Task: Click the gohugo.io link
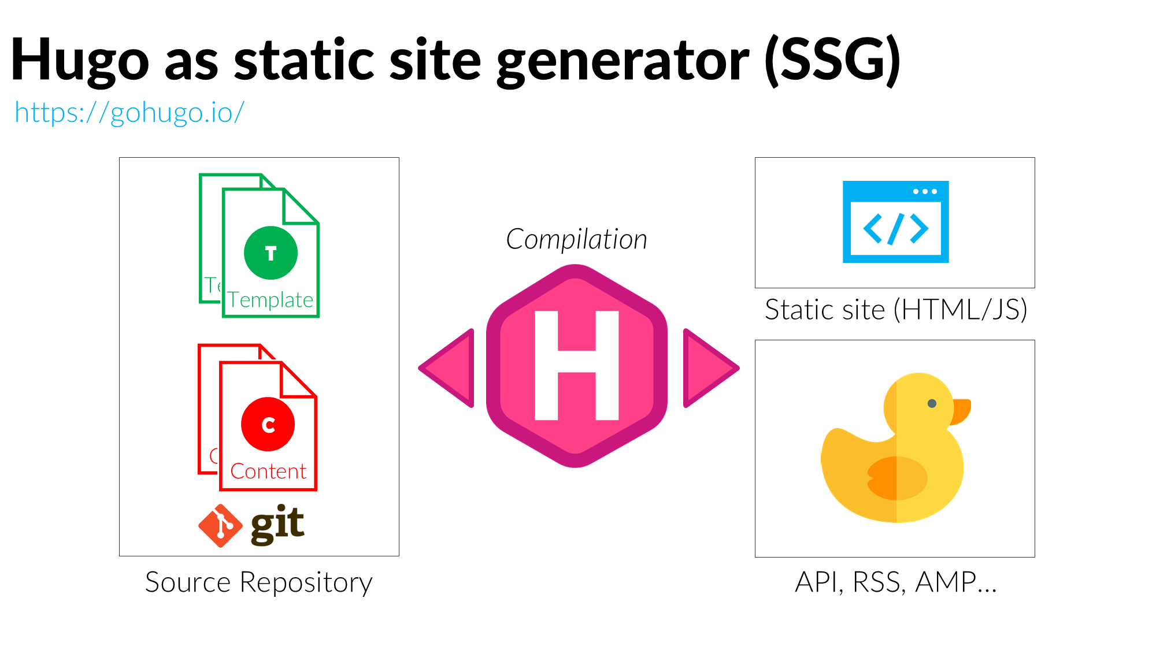(129, 112)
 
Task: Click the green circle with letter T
(271, 253)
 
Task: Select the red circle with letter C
(268, 424)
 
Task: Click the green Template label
(270, 300)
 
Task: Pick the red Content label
(268, 471)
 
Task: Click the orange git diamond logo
(220, 525)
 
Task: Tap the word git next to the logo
(277, 524)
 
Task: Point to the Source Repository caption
(258, 582)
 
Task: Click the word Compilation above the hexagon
(576, 239)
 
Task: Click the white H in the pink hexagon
(576, 365)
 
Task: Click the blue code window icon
(895, 222)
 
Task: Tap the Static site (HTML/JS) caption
(895, 310)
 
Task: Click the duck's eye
(932, 403)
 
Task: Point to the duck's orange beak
(961, 410)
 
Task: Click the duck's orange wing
(896, 478)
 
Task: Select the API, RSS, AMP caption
(895, 582)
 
